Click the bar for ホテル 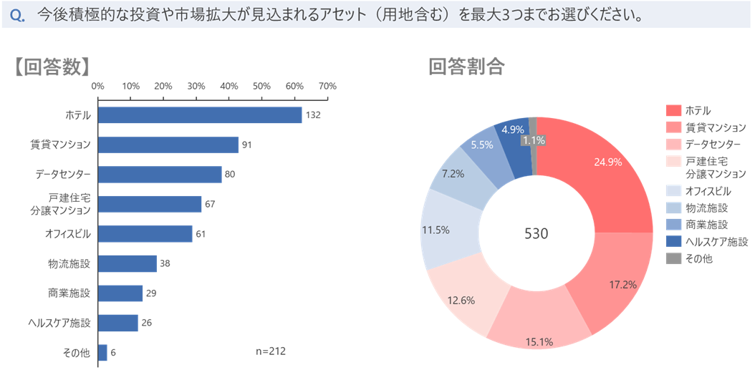pos(200,115)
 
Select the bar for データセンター pos(160,175)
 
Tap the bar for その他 pos(103,353)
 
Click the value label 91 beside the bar pos(247,145)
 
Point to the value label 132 pos(312,115)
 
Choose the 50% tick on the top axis pos(261,87)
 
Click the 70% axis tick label pos(327,87)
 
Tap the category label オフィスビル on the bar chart pos(68,234)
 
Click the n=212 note pos(271,351)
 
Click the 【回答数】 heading pos(52,67)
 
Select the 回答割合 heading pos(466,67)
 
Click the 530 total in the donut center pos(537,234)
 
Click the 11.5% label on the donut pos(436,230)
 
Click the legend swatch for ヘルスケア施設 pos(673,242)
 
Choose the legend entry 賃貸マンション pos(715,127)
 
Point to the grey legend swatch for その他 pos(673,258)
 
